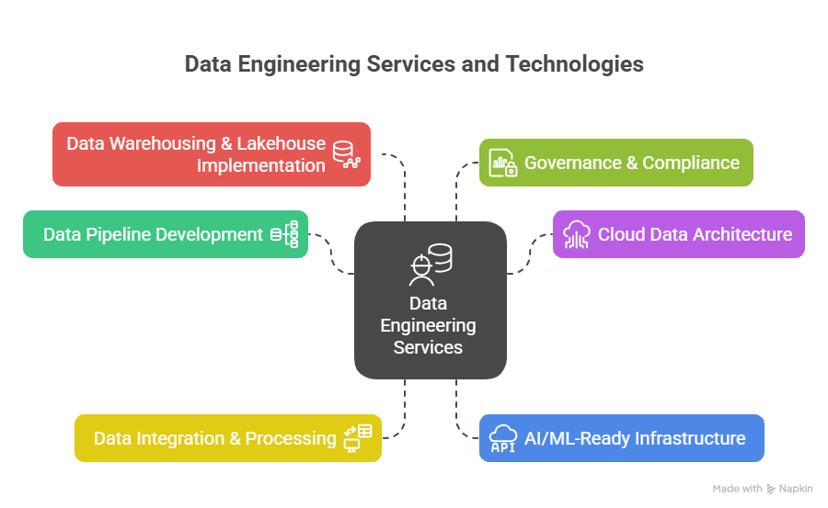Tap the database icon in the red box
coord(347,154)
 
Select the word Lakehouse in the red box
coord(282,143)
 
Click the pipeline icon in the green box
coord(284,234)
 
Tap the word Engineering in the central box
coord(428,325)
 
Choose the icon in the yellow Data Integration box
coord(357,437)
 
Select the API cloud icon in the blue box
coord(503,438)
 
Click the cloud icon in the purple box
coord(578,234)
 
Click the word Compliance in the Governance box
coord(691,163)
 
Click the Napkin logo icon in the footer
coord(771,489)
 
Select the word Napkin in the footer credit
coord(796,489)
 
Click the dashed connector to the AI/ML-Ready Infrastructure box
coord(460,413)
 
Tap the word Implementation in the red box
coord(260,165)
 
